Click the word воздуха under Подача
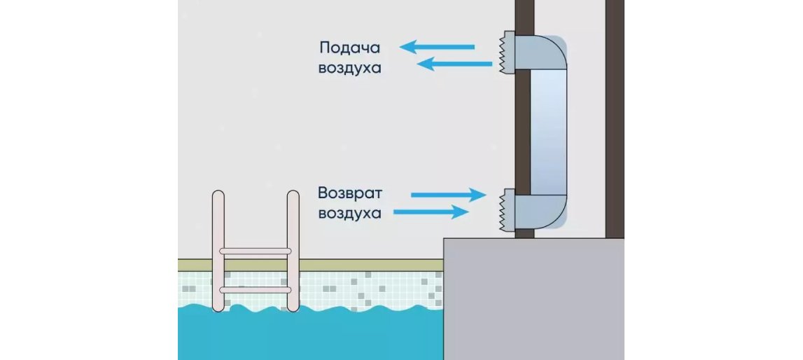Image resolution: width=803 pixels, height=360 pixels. tap(350, 69)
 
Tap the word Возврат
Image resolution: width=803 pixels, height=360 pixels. tap(350, 192)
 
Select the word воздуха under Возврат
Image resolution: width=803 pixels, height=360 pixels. tap(350, 213)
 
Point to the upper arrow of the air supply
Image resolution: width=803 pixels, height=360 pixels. tap(438, 47)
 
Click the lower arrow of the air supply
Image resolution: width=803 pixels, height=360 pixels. tap(454, 64)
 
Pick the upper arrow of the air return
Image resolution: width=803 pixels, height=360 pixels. tap(447, 194)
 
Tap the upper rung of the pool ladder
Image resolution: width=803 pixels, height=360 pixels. tap(256, 250)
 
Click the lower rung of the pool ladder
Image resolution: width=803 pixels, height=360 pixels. tap(256, 289)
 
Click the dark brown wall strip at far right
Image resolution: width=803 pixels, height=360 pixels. tap(614, 119)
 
